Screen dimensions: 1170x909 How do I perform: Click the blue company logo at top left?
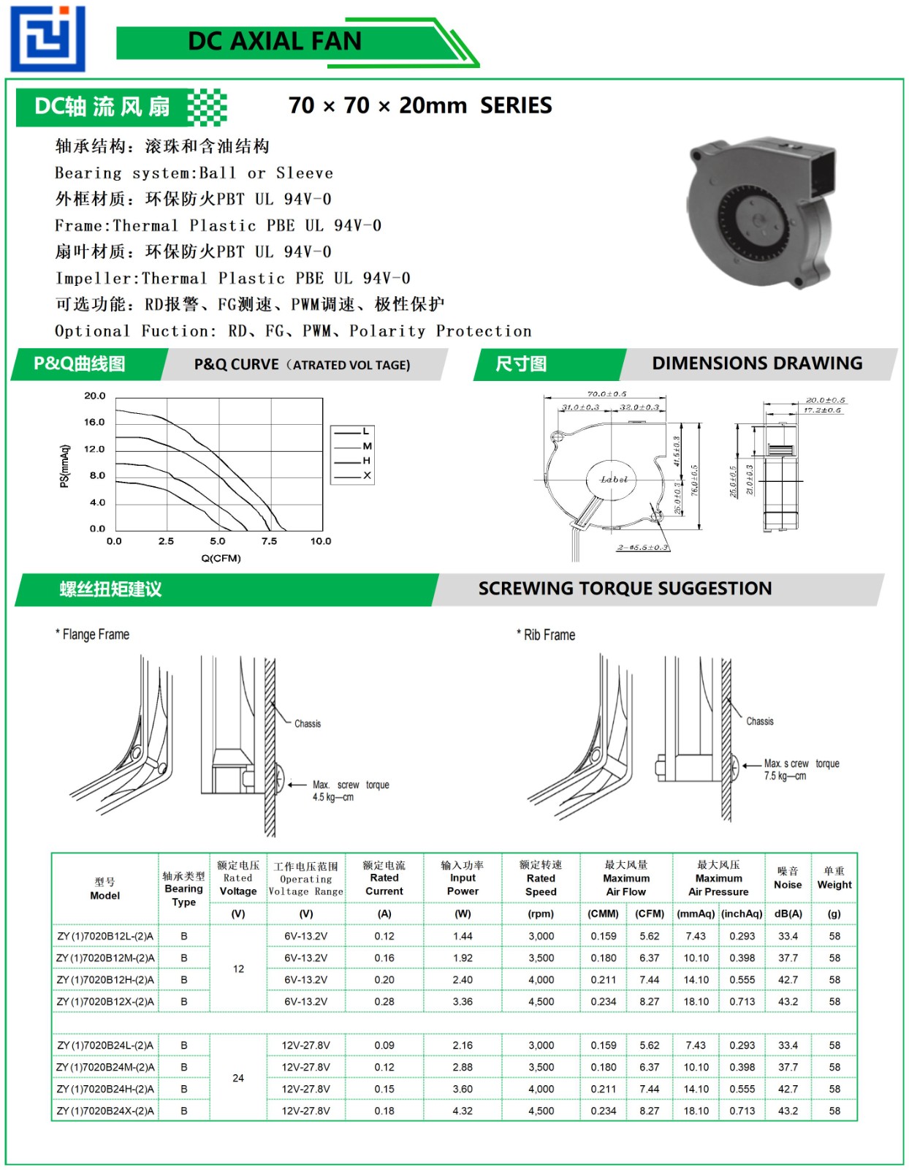click(47, 38)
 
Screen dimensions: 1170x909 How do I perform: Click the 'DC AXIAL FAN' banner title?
click(275, 41)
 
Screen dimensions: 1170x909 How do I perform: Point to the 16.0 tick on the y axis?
click(94, 423)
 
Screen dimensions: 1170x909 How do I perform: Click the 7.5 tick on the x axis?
click(269, 542)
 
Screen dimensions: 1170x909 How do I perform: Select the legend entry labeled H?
click(366, 461)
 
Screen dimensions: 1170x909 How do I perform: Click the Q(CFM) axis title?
click(221, 559)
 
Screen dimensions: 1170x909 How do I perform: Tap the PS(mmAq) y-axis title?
click(65, 466)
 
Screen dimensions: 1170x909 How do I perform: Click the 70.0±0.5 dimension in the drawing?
click(606, 393)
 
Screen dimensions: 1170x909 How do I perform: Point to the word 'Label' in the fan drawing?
click(614, 480)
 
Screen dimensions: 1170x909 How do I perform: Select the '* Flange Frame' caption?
click(93, 635)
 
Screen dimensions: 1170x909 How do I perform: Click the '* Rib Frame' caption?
click(546, 635)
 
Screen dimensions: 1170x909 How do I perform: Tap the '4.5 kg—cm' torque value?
click(333, 798)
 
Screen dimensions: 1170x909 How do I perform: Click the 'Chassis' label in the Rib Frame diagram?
click(759, 722)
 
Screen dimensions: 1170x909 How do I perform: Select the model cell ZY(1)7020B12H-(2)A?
click(105, 980)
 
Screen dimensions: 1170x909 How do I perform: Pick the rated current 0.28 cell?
click(384, 1002)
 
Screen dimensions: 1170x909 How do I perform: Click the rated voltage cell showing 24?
click(238, 1079)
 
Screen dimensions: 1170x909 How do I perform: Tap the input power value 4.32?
click(463, 1111)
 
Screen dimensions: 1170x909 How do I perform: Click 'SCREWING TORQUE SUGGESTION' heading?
click(625, 589)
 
